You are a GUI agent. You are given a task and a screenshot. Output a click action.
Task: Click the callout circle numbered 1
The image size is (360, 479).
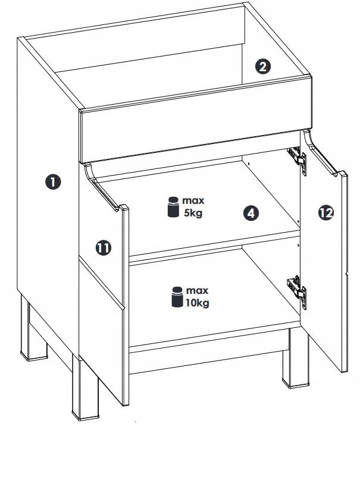click(x=53, y=181)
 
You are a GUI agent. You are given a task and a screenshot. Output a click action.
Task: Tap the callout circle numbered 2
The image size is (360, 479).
click(x=263, y=67)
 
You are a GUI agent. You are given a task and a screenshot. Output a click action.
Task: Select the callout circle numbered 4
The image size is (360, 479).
click(x=251, y=213)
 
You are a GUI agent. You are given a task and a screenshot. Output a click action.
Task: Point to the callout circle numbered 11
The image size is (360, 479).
click(x=104, y=248)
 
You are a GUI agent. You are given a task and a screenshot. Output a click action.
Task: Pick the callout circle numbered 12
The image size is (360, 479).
click(x=326, y=212)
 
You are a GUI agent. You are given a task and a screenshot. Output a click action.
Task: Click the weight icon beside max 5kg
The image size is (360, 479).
click(x=173, y=207)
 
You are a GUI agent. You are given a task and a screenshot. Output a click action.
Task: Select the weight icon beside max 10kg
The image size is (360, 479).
click(x=177, y=297)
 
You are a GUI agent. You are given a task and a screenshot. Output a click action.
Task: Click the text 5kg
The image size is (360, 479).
click(x=193, y=213)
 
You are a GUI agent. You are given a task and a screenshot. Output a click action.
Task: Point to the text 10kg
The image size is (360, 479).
click(x=198, y=303)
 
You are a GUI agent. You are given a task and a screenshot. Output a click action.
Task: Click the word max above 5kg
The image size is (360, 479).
click(x=193, y=201)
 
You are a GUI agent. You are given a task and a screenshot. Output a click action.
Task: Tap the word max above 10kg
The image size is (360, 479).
click(x=197, y=290)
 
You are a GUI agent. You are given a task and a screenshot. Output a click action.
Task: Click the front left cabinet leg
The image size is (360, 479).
click(x=85, y=388)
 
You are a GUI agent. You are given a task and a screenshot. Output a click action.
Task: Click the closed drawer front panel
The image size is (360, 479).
click(x=196, y=120)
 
